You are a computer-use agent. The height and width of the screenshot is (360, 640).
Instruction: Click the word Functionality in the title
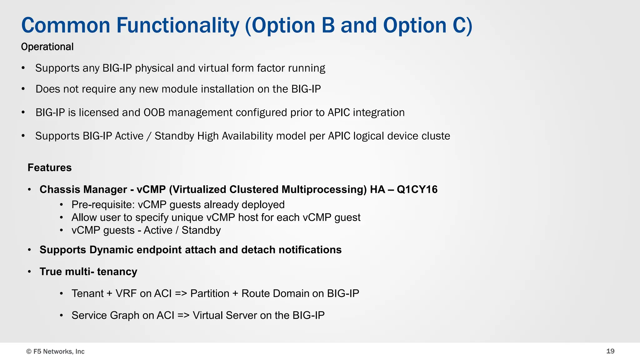[x=178, y=26]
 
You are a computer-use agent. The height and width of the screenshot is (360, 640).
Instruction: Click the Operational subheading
[x=47, y=47]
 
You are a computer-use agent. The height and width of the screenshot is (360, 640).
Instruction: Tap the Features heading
[x=49, y=168]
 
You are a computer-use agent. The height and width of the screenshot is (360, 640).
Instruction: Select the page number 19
[x=610, y=351]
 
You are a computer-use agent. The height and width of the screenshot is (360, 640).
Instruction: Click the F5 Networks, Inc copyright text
[x=55, y=352]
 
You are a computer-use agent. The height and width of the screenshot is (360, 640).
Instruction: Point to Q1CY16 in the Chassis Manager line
[x=417, y=190]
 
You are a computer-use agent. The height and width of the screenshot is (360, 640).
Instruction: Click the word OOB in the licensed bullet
[x=154, y=112]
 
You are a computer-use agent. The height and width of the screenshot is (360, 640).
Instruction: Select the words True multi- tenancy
[x=88, y=272]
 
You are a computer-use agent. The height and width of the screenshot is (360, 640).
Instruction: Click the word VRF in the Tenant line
[x=126, y=294]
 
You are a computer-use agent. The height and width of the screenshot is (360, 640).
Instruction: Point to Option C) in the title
[x=427, y=26]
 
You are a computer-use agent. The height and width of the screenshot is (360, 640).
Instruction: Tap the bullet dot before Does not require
[x=23, y=89]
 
